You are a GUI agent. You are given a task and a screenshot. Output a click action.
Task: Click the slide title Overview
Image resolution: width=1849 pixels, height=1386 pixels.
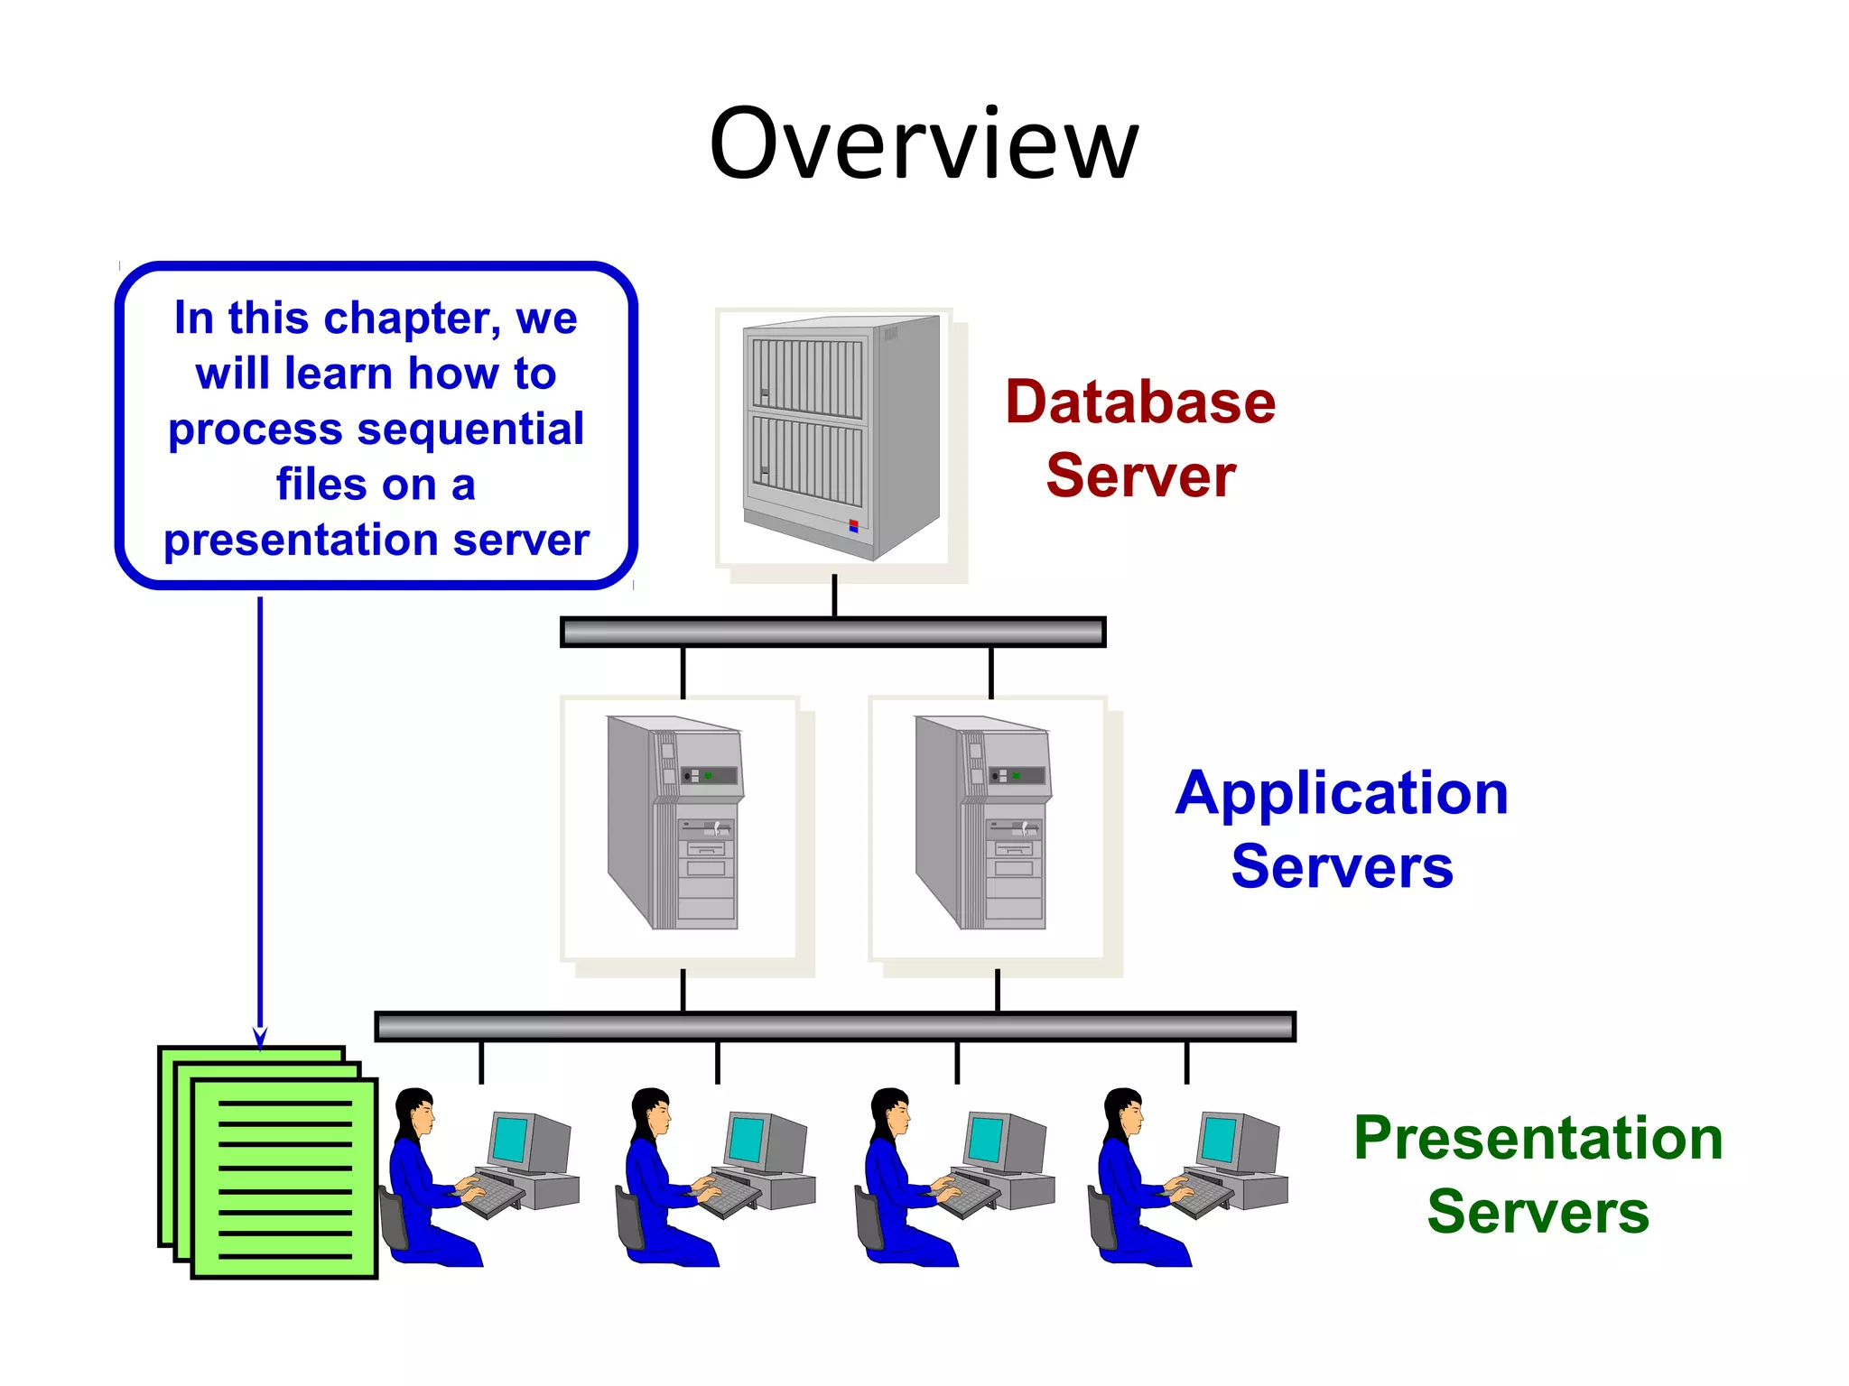click(924, 144)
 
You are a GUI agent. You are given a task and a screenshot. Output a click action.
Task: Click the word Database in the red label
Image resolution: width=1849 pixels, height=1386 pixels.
click(1140, 402)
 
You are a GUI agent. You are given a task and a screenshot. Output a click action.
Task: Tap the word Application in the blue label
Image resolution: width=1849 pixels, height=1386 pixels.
click(1342, 794)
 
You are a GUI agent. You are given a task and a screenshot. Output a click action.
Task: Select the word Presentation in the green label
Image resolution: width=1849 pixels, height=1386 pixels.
click(1538, 1139)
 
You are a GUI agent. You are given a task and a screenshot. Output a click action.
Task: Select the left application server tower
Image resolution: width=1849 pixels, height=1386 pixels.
click(675, 822)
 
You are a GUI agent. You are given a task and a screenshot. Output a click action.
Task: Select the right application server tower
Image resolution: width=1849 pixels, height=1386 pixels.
click(983, 822)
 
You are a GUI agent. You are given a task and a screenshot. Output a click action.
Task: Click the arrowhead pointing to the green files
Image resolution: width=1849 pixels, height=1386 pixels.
click(260, 1038)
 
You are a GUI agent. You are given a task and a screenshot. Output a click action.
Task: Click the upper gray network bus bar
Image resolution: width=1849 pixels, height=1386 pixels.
click(832, 632)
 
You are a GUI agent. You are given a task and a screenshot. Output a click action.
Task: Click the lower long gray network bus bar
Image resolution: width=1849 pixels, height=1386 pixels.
click(834, 1027)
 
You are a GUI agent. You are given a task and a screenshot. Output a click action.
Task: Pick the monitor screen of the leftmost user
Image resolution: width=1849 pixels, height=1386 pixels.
click(511, 1140)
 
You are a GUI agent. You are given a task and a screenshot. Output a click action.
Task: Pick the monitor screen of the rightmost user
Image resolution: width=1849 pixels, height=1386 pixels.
click(1220, 1140)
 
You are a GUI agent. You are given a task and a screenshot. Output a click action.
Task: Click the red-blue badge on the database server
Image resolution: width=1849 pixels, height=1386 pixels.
click(853, 526)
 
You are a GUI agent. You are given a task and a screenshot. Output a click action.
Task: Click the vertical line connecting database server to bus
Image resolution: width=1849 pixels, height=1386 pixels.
click(834, 596)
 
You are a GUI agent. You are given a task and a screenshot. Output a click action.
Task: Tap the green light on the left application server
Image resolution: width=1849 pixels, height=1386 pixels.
click(708, 776)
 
